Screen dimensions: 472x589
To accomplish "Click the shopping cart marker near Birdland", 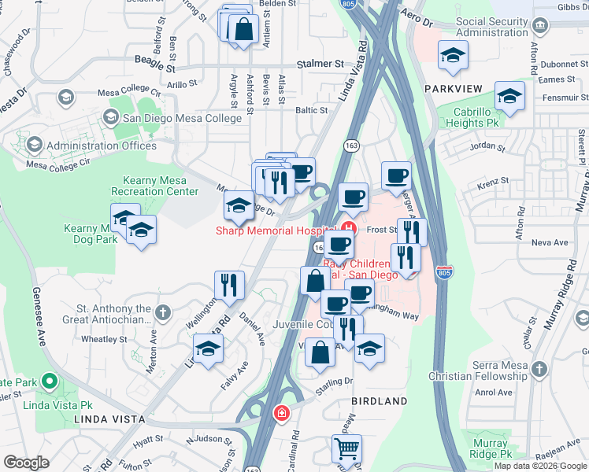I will click(x=346, y=449).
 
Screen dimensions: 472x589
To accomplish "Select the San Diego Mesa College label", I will click(x=182, y=119).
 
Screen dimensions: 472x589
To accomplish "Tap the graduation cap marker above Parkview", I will click(x=453, y=55).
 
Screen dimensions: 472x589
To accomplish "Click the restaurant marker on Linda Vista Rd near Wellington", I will click(x=229, y=284).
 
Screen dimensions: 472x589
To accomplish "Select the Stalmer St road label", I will click(x=320, y=64).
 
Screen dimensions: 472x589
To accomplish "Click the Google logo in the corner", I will click(x=26, y=463).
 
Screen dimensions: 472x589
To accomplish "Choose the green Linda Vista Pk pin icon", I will click(x=50, y=382).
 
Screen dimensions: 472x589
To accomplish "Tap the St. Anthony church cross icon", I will click(x=162, y=313).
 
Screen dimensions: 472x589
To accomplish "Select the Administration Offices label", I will click(x=101, y=146).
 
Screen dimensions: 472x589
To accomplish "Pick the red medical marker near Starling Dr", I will click(x=280, y=412).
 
